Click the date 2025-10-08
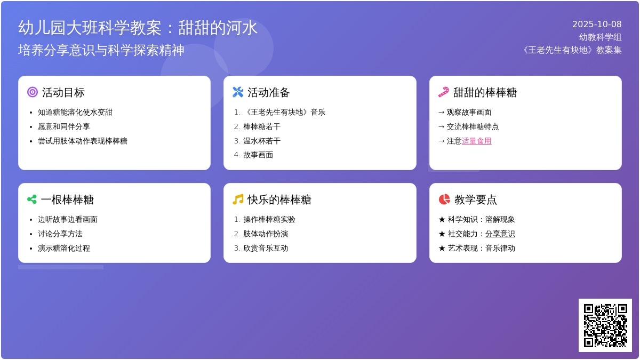[597, 24]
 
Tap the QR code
[605, 325]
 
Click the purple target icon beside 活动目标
[33, 92]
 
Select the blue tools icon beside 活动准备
[238, 92]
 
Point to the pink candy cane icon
[444, 92]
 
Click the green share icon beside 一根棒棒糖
[32, 199]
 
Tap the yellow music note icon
[238, 199]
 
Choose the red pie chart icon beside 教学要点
[444, 199]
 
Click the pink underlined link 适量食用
[476, 141]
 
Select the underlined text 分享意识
[500, 234]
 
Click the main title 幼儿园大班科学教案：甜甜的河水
[138, 28]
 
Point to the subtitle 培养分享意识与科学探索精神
[101, 50]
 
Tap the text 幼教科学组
[600, 37]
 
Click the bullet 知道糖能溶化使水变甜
[75, 113]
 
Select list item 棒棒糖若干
[262, 127]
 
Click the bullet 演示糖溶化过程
[64, 249]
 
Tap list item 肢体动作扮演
[266, 234]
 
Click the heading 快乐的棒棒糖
[279, 200]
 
